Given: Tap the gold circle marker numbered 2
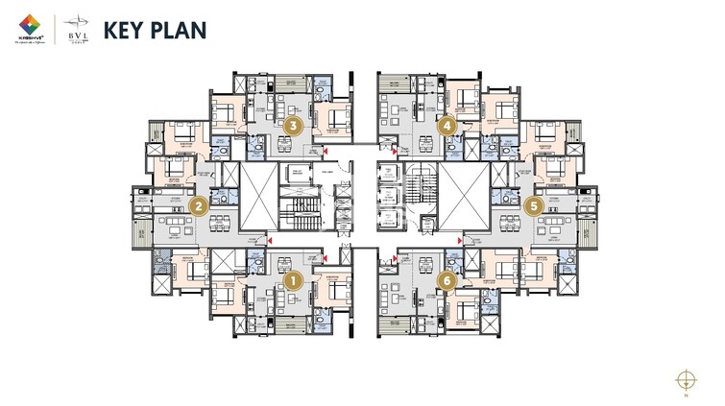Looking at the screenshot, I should pyautogui.click(x=200, y=204).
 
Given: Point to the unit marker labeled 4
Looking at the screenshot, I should pyautogui.click(x=447, y=125).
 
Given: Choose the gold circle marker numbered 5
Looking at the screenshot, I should pyautogui.click(x=535, y=204).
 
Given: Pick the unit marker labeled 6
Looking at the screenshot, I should pyautogui.click(x=446, y=280).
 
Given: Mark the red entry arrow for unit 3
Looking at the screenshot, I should pyautogui.click(x=327, y=152).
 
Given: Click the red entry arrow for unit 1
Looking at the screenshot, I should pyautogui.click(x=327, y=255).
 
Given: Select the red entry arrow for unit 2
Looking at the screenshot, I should pyautogui.click(x=271, y=241).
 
